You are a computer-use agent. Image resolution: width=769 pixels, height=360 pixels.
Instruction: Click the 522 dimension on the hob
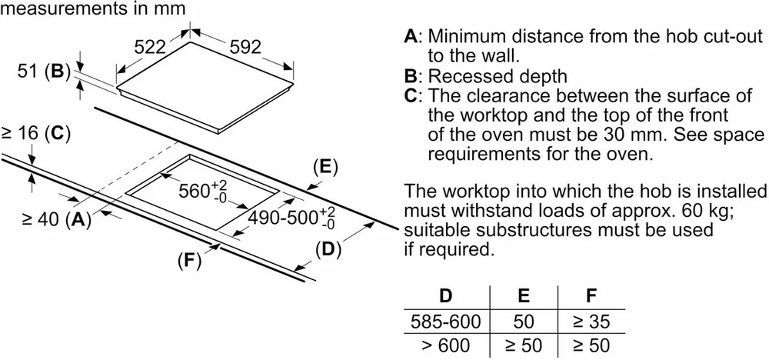point(151,47)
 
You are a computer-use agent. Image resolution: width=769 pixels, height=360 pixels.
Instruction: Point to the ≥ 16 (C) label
point(35,133)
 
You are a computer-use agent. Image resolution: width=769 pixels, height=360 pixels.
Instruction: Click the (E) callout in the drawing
point(326,167)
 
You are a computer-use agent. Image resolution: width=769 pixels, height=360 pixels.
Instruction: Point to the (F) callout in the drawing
point(188,261)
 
